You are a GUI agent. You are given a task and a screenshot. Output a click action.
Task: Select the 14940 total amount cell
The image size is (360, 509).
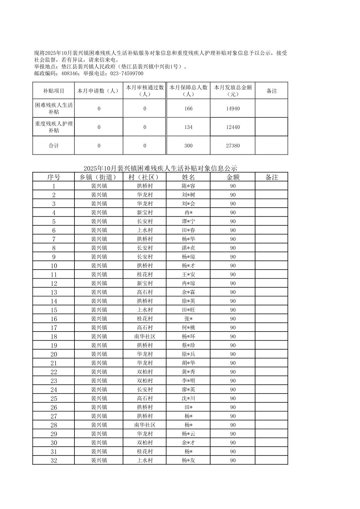233,108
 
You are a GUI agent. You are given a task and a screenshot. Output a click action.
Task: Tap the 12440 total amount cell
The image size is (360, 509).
233,127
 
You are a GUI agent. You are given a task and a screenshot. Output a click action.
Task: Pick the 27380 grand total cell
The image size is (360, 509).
233,146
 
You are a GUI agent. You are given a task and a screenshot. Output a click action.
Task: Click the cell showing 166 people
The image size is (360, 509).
188,108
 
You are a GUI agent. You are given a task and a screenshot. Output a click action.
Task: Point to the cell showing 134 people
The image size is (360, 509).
188,127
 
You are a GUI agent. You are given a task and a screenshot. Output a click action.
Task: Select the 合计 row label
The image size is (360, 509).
54,146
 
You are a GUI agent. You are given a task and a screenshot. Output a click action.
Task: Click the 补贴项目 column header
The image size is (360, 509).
54,91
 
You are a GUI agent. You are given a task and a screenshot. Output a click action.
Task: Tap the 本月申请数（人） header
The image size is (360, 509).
99,91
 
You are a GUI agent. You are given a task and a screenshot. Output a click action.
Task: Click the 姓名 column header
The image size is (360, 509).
188,177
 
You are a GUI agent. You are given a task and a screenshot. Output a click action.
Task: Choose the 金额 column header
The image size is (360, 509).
233,177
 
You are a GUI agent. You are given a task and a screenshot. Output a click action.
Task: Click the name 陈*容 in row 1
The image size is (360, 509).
188,186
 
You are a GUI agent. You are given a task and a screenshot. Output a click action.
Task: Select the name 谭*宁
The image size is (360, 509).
188,221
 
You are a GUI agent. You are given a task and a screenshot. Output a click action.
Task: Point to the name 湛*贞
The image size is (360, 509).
188,248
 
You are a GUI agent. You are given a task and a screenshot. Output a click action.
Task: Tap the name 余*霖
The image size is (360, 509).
188,292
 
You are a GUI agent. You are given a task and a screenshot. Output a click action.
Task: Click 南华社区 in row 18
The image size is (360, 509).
145,337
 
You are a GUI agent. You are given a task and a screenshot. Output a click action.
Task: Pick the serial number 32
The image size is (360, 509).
54,460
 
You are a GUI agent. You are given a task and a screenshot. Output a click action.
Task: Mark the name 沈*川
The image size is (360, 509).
188,398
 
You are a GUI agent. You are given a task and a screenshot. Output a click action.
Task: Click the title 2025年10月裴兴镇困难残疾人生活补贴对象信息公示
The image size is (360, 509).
160,168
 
